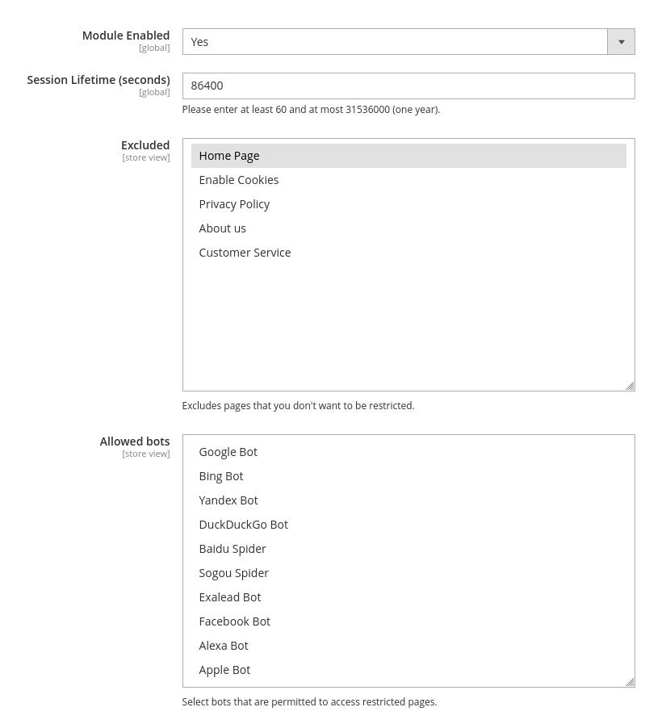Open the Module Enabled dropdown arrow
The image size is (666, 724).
621,42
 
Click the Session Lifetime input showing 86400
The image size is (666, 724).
408,86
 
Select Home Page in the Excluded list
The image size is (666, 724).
229,156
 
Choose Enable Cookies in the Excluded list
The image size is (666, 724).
239,180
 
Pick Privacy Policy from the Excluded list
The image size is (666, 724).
234,204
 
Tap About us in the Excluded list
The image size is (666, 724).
223,228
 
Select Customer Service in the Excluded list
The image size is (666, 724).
245,253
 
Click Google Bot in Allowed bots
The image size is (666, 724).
228,452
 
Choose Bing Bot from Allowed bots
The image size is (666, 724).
221,476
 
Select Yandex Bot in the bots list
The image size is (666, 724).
228,500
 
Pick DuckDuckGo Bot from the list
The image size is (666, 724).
243,525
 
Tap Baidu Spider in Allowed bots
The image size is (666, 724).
232,549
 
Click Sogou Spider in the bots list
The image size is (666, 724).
234,573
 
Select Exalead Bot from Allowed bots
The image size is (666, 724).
230,597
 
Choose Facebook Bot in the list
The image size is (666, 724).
235,621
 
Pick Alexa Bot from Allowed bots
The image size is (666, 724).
224,646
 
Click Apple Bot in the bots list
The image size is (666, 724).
224,670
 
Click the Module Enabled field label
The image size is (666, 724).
126,36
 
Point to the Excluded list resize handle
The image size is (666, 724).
630,386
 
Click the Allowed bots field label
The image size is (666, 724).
135,442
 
